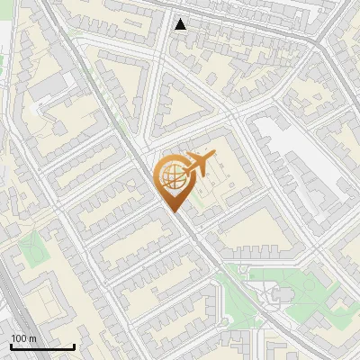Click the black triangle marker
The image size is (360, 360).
tap(181, 24)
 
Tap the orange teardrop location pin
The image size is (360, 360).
tap(174, 181)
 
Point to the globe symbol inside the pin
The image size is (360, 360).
tap(173, 175)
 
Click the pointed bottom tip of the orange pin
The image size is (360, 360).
tap(175, 211)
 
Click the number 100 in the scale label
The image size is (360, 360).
tap(18, 338)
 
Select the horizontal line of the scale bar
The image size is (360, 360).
tap(42, 347)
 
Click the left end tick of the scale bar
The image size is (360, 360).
tap(11, 346)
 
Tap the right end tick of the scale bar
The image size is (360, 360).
tap(74, 346)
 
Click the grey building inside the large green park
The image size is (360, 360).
tap(283, 294)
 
